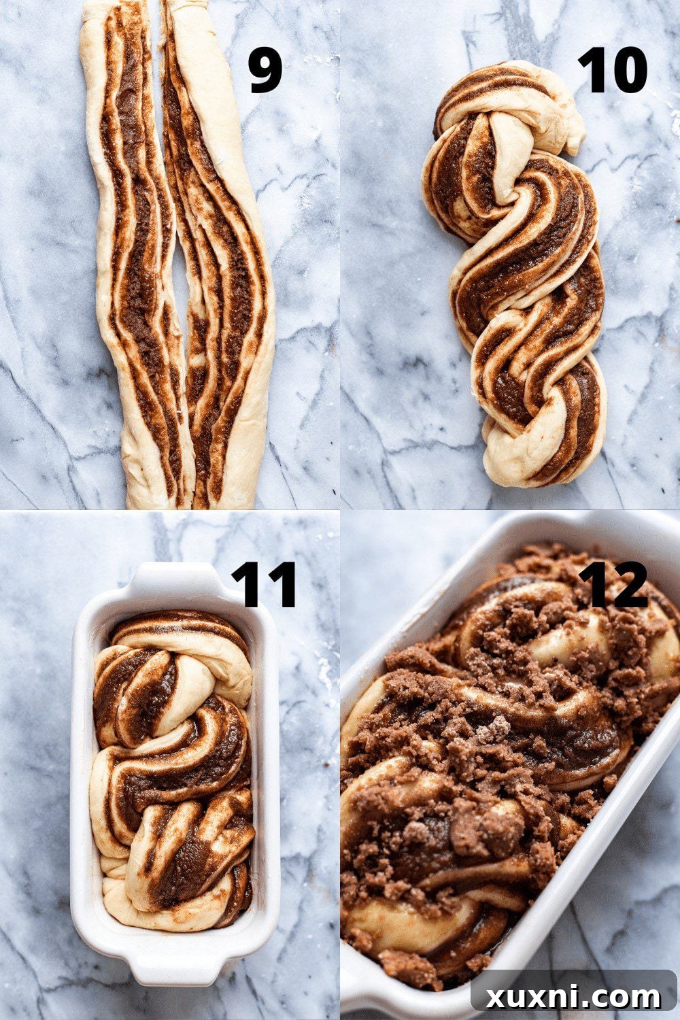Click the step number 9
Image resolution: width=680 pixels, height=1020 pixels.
[x=265, y=71]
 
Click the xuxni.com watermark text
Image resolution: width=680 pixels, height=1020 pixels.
[x=573, y=998]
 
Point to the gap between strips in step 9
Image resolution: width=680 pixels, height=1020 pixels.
[x=178, y=286]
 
